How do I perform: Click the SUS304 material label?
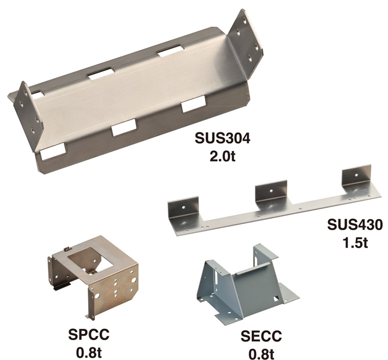point(222,138)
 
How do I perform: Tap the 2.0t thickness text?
point(222,156)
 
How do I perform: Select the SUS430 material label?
point(355,225)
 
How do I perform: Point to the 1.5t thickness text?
point(355,243)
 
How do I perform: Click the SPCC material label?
point(89,334)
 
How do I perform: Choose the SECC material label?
point(261,336)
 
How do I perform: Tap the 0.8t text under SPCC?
point(89,353)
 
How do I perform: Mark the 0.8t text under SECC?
point(261,354)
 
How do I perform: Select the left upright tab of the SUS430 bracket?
point(184,209)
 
